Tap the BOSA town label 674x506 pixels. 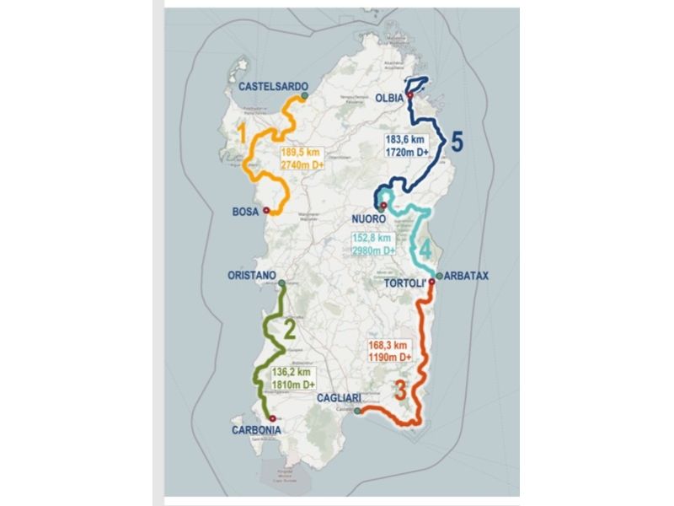(245, 212)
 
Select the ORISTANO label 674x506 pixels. (252, 275)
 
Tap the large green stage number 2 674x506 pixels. (289, 329)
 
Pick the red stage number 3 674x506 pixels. (400, 390)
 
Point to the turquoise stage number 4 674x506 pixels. (426, 250)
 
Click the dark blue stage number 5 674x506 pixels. (455, 142)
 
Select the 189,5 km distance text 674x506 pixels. (300, 153)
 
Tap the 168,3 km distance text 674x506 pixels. (388, 345)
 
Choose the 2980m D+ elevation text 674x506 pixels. (373, 250)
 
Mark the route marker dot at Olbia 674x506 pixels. (410, 95)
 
